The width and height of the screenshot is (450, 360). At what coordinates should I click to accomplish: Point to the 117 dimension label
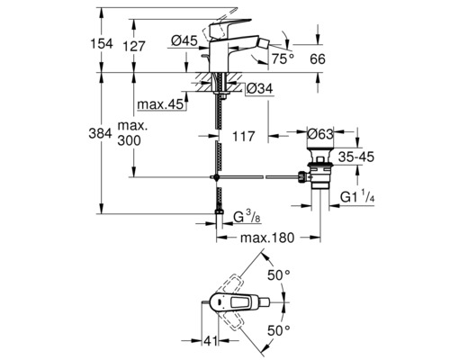pyautogui.click(x=241, y=139)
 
